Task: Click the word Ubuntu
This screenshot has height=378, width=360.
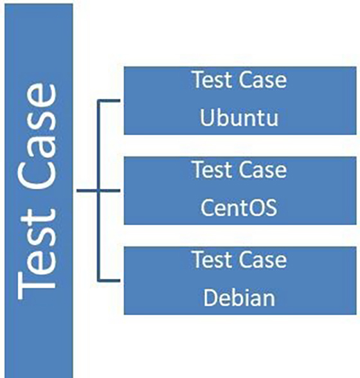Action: [x=239, y=118]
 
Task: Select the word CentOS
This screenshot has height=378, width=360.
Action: [x=239, y=208]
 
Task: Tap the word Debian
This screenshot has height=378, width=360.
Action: [x=239, y=298]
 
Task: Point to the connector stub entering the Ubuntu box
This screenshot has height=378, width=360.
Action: [x=109, y=100]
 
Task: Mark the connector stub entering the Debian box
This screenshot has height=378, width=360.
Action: [x=109, y=280]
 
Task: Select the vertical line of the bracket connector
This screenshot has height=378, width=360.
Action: [x=99, y=190]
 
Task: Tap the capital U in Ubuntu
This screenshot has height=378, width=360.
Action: [x=207, y=118]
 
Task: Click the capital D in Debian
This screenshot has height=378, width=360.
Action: [x=211, y=298]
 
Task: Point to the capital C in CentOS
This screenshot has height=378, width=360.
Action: [x=208, y=208]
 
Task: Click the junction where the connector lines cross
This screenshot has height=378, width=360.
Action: [x=99, y=190]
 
